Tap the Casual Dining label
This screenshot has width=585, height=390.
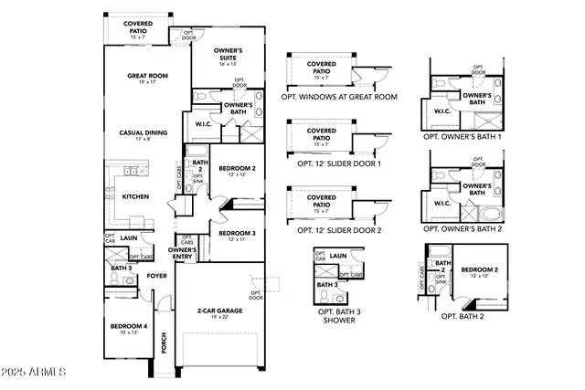[x=140, y=132]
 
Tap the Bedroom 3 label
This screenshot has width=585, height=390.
[x=237, y=233]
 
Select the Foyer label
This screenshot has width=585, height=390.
[x=157, y=274]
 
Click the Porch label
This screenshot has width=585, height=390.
[x=164, y=342]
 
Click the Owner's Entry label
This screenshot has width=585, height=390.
[x=183, y=253]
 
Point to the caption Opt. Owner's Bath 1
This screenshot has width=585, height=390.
[x=463, y=135]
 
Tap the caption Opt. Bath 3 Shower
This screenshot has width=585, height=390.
[x=339, y=315]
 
